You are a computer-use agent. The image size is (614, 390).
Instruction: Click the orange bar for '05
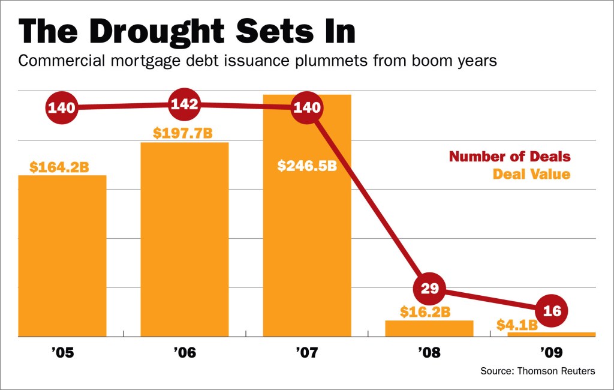(x=62, y=255)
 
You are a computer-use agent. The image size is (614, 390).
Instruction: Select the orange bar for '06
(x=184, y=240)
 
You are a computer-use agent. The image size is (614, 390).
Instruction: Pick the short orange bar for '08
(x=429, y=328)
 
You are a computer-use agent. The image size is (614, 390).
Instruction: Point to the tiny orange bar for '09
(x=551, y=334)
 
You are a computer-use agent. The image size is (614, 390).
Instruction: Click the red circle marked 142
(x=184, y=104)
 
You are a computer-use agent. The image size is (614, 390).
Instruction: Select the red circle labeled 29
(x=430, y=289)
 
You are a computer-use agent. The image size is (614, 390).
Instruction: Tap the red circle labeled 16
(x=551, y=310)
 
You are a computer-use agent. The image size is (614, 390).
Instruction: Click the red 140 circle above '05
(x=61, y=108)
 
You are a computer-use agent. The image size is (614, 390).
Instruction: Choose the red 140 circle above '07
(x=307, y=108)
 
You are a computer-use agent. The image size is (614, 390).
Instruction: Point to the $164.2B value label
(x=59, y=167)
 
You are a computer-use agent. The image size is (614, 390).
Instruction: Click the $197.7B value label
(x=182, y=133)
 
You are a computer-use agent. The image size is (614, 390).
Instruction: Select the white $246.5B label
(x=306, y=166)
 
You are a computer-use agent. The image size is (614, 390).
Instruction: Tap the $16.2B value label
(x=425, y=312)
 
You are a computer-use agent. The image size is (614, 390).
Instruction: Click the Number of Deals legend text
(x=510, y=157)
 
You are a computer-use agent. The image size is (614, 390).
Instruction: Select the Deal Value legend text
(x=531, y=175)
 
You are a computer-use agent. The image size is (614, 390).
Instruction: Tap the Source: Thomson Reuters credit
(x=537, y=371)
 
